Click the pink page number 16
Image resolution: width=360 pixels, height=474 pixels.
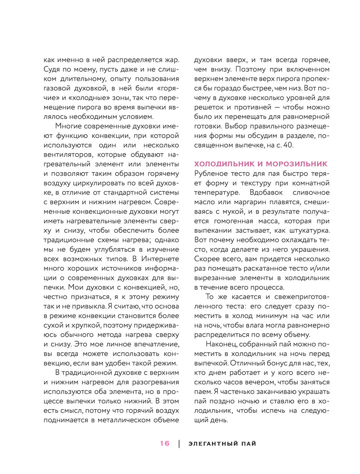click(x=165, y=443)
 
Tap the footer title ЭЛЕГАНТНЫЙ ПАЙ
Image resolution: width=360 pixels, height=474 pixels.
click(x=222, y=444)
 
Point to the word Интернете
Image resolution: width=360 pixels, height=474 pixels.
click(x=160, y=259)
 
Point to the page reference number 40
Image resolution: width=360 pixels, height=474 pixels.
click(x=286, y=145)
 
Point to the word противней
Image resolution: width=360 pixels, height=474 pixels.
click(x=253, y=107)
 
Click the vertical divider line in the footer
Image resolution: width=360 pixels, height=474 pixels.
click(x=179, y=444)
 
